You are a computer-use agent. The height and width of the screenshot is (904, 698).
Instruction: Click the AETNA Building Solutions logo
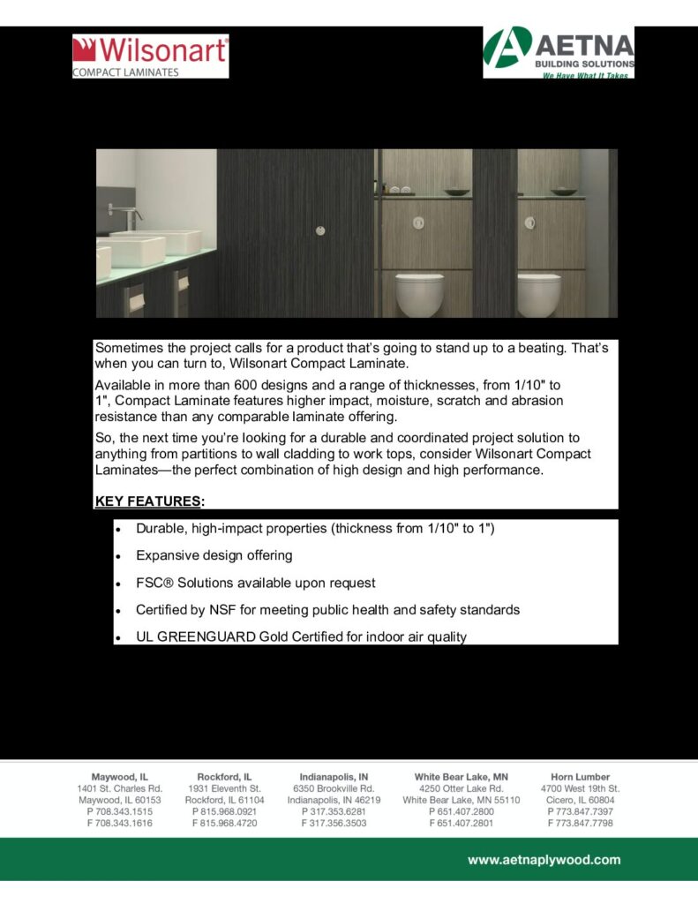click(x=559, y=52)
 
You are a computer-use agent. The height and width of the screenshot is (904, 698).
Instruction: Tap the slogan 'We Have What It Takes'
click(x=584, y=76)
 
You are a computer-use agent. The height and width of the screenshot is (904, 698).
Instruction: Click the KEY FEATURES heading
click(x=147, y=501)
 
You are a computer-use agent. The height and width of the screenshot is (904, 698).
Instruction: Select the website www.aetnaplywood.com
click(x=543, y=859)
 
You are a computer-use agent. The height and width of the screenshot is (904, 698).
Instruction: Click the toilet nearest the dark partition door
click(x=419, y=293)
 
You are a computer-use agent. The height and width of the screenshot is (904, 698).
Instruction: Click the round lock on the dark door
click(x=319, y=230)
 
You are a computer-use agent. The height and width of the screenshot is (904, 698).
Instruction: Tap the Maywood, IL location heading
click(x=119, y=777)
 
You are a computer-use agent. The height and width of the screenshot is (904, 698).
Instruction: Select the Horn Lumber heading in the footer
click(x=580, y=777)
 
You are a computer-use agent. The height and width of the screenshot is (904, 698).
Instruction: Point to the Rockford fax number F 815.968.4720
click(x=224, y=823)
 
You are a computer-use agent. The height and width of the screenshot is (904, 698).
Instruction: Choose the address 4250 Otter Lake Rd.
click(x=461, y=788)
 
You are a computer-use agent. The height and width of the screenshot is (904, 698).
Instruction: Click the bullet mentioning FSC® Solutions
click(x=255, y=583)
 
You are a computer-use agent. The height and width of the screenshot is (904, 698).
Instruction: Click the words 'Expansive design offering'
click(x=214, y=556)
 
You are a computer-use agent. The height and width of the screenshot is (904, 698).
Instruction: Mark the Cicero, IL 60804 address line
click(x=580, y=800)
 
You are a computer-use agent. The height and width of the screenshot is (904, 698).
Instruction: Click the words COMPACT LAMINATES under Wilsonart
click(x=126, y=72)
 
